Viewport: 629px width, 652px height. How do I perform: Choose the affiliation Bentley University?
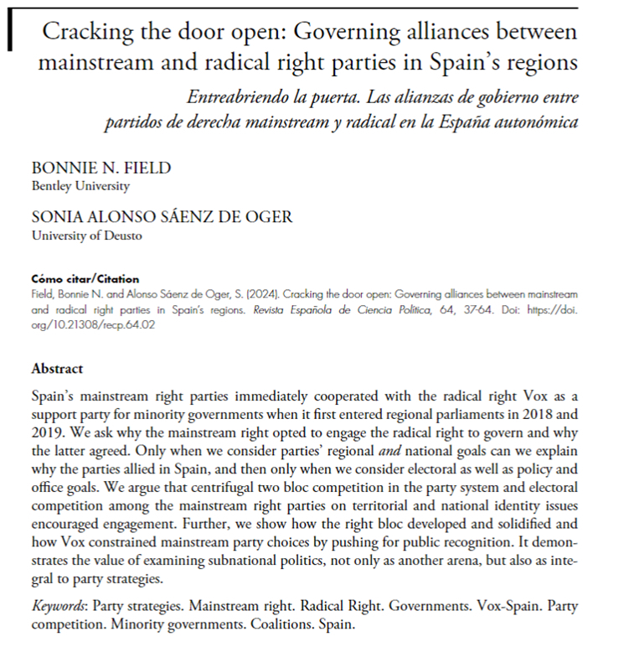coord(80,186)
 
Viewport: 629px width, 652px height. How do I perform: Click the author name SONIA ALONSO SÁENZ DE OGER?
coord(162,217)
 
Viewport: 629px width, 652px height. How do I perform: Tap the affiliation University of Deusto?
coord(86,235)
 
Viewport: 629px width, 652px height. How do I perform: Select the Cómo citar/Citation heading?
coord(85,279)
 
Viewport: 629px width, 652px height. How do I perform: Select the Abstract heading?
coord(57,368)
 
